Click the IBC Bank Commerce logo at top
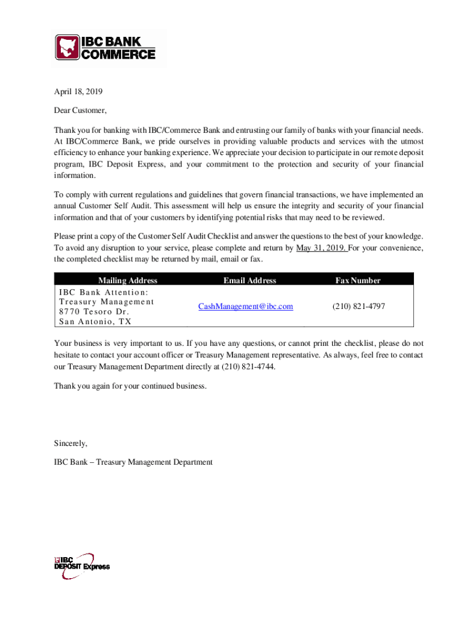(x=106, y=47)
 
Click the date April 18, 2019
(x=78, y=92)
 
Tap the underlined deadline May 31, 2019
(x=320, y=247)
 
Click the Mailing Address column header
(x=128, y=280)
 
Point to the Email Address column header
(x=249, y=280)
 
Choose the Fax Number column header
(x=358, y=280)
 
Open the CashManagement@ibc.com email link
(x=246, y=307)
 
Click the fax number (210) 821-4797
(x=359, y=307)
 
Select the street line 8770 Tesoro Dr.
(x=94, y=311)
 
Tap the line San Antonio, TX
(x=95, y=322)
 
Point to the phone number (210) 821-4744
(x=248, y=366)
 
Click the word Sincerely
(x=71, y=444)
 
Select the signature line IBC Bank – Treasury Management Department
(x=133, y=462)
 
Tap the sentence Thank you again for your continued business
(x=130, y=386)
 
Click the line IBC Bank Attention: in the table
(x=103, y=291)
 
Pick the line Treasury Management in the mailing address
(x=107, y=301)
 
